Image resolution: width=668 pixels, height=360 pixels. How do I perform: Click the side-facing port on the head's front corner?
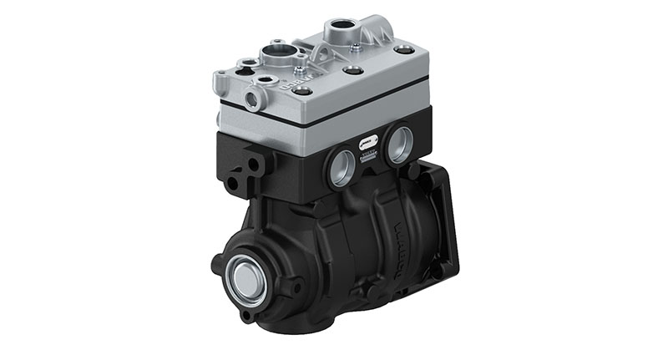pos(251,100)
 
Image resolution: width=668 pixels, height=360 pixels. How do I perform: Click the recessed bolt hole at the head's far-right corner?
pos(405,50)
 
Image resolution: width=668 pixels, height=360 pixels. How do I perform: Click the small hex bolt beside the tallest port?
pos(357,48)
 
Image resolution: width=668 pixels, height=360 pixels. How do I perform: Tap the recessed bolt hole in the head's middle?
pos(353,70)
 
